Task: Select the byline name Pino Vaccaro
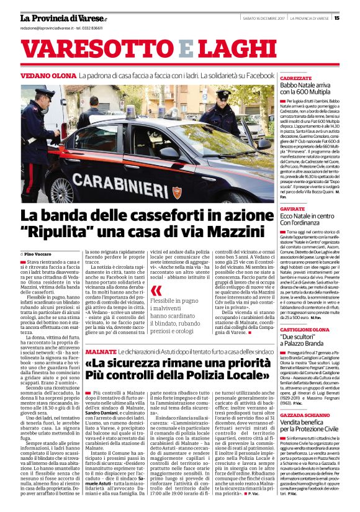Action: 39,254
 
